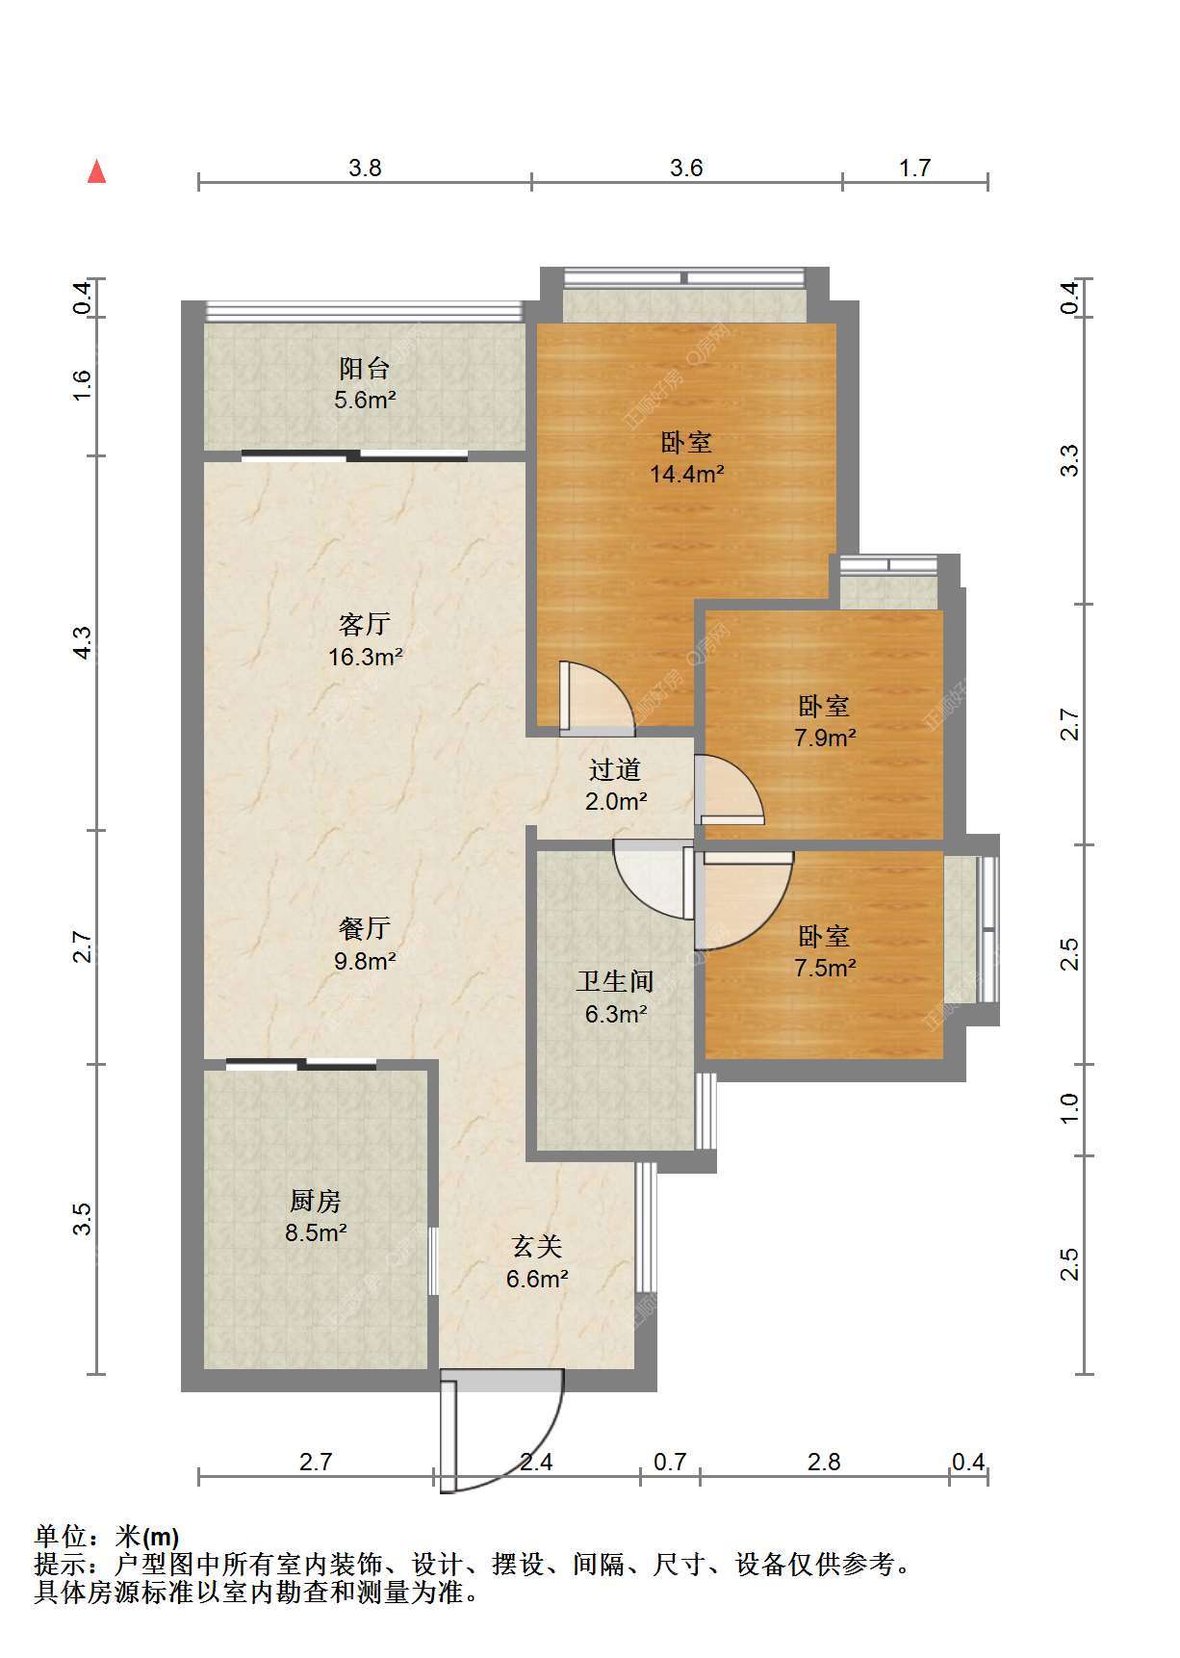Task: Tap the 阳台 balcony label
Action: [x=365, y=369]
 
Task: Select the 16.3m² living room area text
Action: [x=365, y=658]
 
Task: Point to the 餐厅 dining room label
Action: [x=365, y=928]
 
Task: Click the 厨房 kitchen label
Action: [x=316, y=1201]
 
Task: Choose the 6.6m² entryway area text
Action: [x=537, y=1280]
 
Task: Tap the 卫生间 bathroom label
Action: [x=615, y=982]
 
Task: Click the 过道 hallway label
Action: [x=615, y=769]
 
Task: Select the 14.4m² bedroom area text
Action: [x=686, y=475]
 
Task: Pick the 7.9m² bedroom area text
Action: [x=825, y=738]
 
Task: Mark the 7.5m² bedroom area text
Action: [x=825, y=968]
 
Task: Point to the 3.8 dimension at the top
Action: [x=365, y=168]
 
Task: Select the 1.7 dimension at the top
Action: [x=914, y=168]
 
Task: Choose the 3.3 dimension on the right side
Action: [x=1069, y=460]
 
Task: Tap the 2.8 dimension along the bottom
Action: [x=824, y=1463]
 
